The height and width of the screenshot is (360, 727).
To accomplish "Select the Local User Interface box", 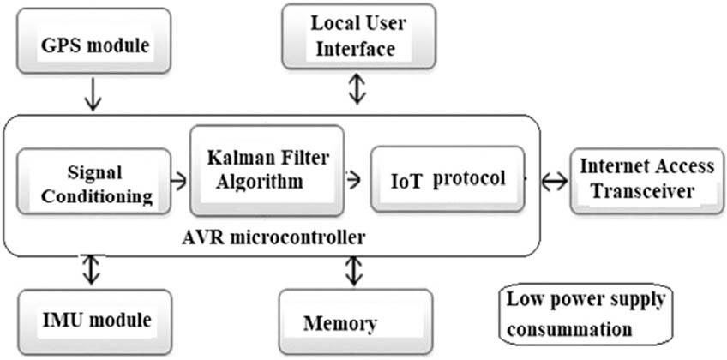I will (x=357, y=36).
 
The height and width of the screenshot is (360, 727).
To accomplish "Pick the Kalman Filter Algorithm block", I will (x=267, y=170).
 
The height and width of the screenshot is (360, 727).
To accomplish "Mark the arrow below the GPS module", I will (x=93, y=96).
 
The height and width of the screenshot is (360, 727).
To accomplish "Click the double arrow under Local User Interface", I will (x=357, y=88).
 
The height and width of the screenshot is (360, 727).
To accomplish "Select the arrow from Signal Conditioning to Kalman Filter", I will (x=178, y=181).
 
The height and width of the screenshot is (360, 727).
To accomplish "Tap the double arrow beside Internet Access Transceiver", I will (x=553, y=181).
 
